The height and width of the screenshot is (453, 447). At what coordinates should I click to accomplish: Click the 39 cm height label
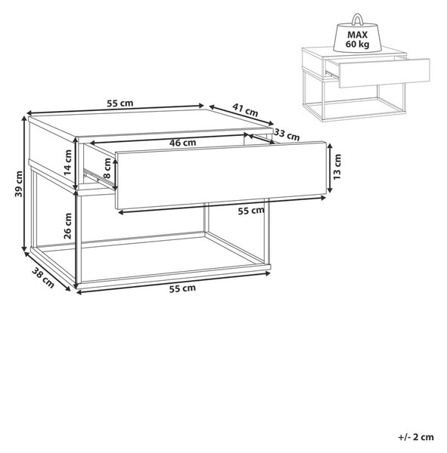(18, 183)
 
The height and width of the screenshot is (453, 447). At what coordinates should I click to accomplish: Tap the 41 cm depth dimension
(245, 110)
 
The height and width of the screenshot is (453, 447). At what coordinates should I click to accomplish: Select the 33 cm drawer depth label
(287, 134)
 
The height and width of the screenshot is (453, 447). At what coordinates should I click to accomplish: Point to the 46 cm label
(182, 143)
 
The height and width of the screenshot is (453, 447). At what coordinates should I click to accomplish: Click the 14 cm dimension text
(68, 162)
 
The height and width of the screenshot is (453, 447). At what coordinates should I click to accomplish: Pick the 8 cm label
(107, 168)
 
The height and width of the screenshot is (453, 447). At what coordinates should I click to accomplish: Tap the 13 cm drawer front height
(337, 167)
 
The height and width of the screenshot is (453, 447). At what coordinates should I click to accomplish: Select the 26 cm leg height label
(68, 226)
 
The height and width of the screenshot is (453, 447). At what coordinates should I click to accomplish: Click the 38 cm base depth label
(43, 278)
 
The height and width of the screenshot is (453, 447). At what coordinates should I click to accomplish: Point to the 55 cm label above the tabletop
(120, 103)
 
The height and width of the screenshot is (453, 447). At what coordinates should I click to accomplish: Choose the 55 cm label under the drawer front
(251, 211)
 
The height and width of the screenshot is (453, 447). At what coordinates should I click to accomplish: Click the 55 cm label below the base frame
(182, 288)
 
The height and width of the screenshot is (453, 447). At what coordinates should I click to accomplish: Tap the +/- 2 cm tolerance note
(416, 437)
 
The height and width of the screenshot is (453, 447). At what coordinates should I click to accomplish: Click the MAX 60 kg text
(357, 39)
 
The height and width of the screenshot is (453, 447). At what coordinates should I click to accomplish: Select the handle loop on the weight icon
(357, 20)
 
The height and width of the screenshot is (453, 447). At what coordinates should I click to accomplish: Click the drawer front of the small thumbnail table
(384, 73)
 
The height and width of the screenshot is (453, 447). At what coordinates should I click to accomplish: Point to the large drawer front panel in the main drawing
(221, 175)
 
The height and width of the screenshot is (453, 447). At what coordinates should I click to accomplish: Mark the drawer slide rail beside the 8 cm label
(98, 177)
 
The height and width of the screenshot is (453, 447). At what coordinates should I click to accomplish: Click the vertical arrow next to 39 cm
(24, 183)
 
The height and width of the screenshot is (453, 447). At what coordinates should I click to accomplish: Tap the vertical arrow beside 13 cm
(329, 168)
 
